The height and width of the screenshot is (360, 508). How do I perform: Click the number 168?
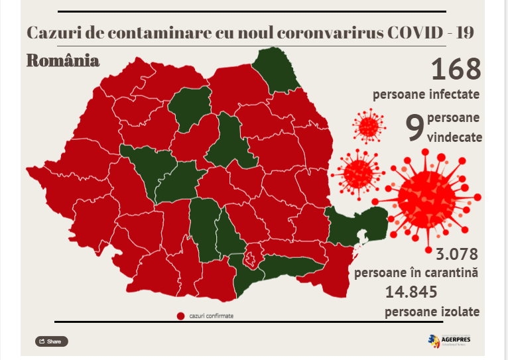456,69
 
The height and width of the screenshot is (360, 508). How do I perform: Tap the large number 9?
414,128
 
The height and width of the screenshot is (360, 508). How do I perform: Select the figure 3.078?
457,253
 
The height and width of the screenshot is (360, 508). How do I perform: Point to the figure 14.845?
411,292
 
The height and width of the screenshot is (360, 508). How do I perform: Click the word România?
63,61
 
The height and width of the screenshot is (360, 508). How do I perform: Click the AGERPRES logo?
454,341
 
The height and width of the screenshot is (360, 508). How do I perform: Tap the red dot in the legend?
180,316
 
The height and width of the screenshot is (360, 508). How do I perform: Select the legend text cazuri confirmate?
211,316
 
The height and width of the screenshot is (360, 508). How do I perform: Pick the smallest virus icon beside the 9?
368,125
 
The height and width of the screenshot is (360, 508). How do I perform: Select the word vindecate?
455,139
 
